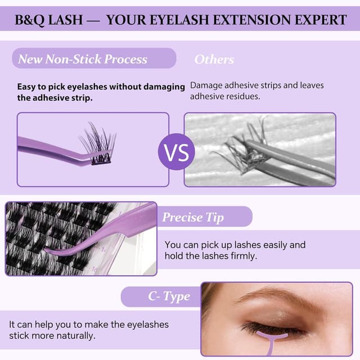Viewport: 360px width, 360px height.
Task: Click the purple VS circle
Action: (179, 151)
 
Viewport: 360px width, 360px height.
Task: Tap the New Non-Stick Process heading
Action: (83, 59)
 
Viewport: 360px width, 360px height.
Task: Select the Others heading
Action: (214, 59)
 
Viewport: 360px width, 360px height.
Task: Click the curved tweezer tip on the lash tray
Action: (56, 251)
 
